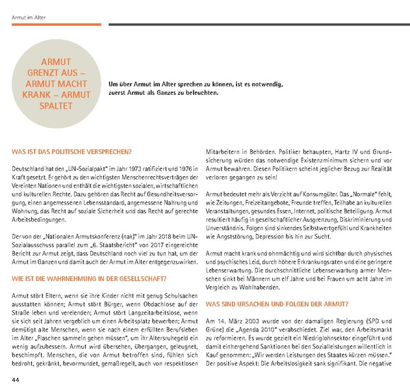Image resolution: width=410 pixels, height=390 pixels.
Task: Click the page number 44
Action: click(15, 379)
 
